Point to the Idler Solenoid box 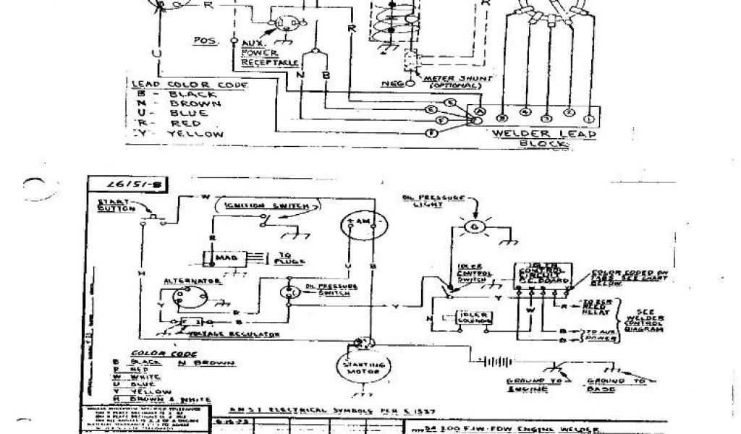(471, 319)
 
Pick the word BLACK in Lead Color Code (192, 95)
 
